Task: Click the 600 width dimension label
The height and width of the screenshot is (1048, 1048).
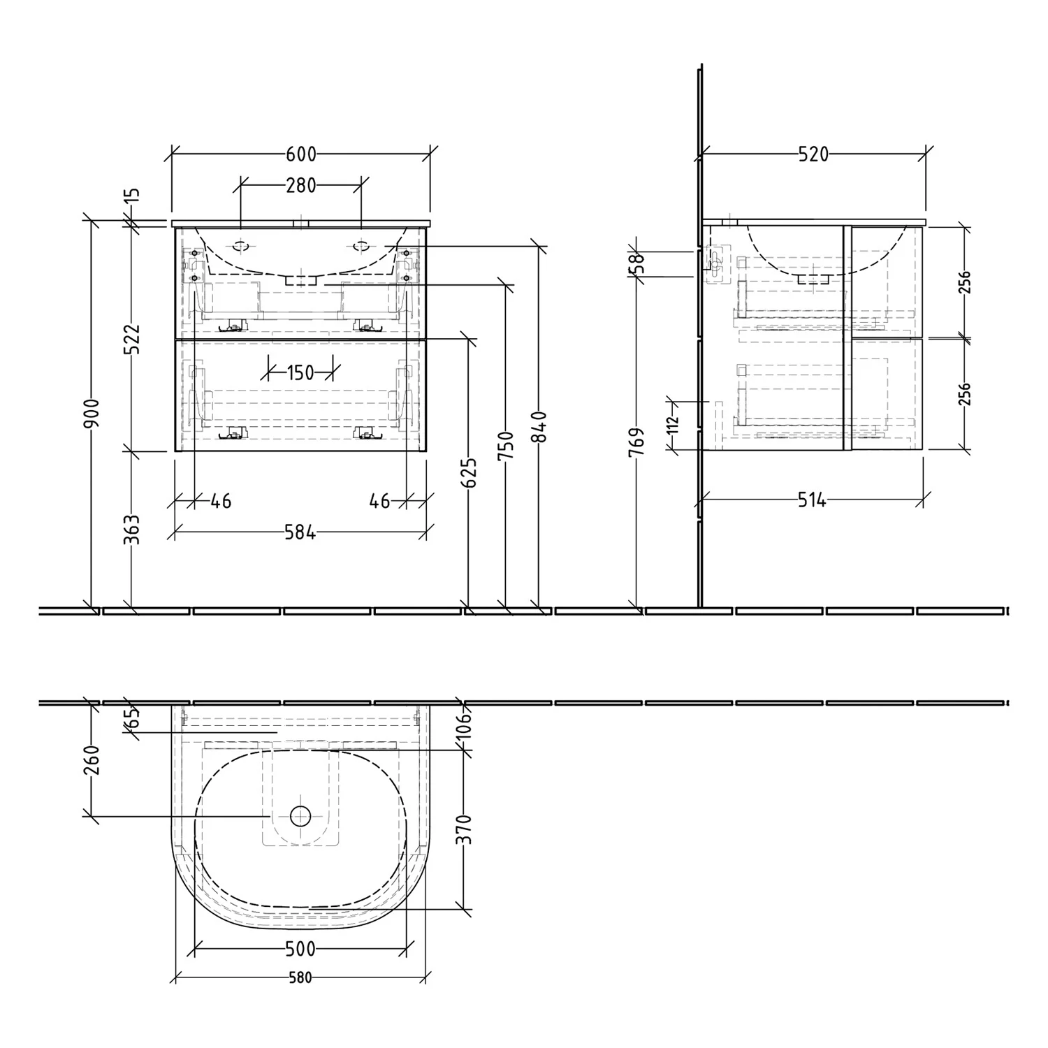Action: pos(301,154)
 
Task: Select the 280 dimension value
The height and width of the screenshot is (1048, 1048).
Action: pos(301,186)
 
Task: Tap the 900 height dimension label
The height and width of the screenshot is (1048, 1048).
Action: pos(92,414)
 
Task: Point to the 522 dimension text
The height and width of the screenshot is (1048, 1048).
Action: pos(132,339)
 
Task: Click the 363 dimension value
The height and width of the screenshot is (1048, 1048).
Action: pos(132,530)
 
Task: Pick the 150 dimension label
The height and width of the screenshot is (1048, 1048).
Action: pos(301,372)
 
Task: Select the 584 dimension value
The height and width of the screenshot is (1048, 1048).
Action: pos(300,533)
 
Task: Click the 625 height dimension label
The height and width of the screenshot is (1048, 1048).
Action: pos(470,473)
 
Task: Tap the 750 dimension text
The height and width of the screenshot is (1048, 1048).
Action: pos(507,446)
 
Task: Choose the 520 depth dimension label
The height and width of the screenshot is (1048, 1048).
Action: pos(814,154)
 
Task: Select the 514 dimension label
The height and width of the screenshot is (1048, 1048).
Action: pos(812,500)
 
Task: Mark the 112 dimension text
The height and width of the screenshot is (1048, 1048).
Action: pos(673,425)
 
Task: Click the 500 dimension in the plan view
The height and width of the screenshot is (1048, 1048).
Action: pos(301,949)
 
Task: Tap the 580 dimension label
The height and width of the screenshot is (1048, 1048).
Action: pos(300,978)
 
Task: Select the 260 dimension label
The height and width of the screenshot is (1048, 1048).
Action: pos(92,760)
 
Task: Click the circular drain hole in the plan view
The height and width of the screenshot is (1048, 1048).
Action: pos(300,815)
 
